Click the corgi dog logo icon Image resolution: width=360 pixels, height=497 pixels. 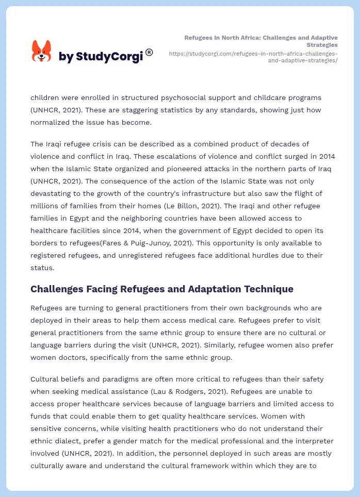(41, 52)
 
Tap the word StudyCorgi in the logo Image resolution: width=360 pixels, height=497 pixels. (109, 57)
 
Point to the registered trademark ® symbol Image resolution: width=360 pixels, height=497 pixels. (149, 52)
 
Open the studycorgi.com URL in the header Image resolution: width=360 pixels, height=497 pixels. (253, 57)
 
